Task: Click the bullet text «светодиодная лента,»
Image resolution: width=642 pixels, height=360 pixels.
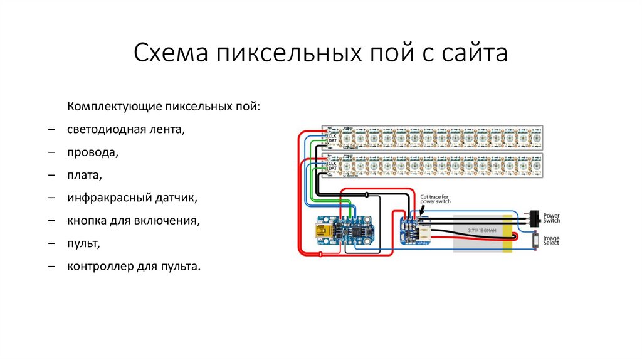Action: [x=127, y=129]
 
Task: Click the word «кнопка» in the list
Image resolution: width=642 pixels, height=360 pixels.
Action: [x=87, y=221]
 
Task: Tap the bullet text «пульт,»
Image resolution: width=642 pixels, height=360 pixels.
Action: [x=84, y=244]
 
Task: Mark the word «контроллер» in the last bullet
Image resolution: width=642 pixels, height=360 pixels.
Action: [x=97, y=267]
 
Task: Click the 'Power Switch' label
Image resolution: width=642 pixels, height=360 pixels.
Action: [x=551, y=218]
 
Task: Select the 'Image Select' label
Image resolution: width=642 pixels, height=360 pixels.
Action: [x=551, y=240]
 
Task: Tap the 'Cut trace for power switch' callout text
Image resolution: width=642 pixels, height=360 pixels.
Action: [x=435, y=199]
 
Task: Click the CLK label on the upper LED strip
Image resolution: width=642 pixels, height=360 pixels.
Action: [x=333, y=135]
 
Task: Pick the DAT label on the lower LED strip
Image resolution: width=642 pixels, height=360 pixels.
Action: [x=333, y=168]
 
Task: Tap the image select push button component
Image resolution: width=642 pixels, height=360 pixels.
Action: [x=535, y=241]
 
